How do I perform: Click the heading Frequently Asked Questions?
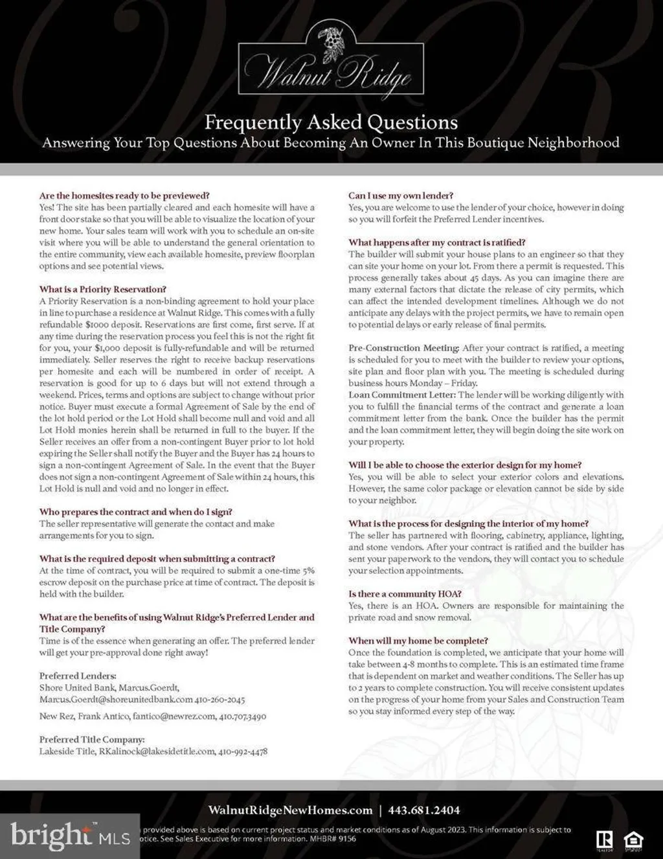(331, 122)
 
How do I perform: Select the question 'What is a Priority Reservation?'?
(102, 290)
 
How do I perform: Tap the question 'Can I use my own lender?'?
(400, 196)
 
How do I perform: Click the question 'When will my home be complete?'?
(418, 641)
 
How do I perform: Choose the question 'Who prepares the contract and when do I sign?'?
(135, 512)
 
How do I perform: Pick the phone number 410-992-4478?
(243, 751)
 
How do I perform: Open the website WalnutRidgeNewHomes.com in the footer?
(290, 810)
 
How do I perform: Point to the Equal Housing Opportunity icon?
(632, 840)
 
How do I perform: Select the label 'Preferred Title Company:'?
(92, 740)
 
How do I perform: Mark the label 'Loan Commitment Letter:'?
(402, 395)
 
